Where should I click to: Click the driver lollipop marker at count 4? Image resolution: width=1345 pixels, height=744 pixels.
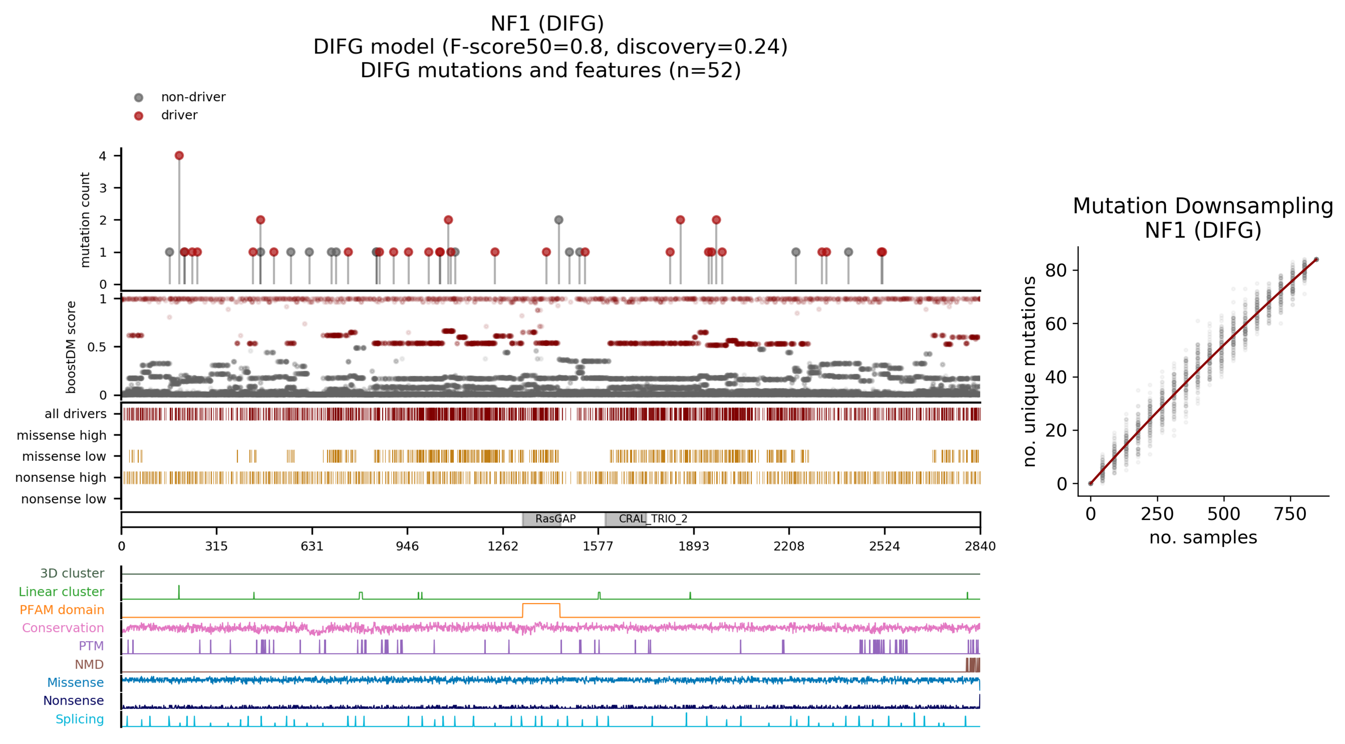click(179, 156)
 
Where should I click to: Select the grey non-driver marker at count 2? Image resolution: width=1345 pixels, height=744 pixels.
click(559, 220)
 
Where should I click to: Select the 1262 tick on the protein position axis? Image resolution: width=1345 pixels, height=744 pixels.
click(503, 546)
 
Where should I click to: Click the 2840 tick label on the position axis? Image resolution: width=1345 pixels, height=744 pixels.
click(980, 546)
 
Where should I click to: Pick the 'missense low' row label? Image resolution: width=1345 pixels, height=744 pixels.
click(64, 457)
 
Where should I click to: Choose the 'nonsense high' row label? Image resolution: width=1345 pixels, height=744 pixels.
click(61, 478)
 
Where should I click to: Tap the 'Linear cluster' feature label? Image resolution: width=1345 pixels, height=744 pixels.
click(61, 592)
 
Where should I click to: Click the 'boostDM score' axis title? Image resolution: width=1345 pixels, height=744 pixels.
click(71, 347)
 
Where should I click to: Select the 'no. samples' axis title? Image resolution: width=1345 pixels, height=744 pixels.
click(1203, 537)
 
